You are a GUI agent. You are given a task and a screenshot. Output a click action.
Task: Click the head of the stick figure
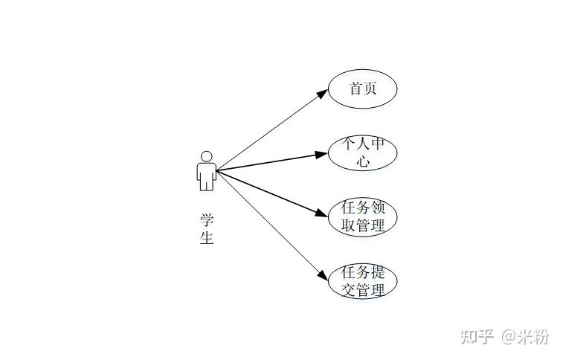pyautogui.click(x=207, y=157)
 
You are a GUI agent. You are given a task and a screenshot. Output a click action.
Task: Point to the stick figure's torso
pyautogui.click(x=207, y=173)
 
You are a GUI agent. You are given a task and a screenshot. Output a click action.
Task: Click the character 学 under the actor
pyautogui.click(x=207, y=220)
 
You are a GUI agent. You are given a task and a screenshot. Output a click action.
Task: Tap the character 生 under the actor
pyautogui.click(x=207, y=237)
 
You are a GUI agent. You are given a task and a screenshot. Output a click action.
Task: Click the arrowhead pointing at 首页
pyautogui.click(x=322, y=94)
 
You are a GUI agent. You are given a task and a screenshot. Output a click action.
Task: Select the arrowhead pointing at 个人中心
pyautogui.click(x=321, y=154)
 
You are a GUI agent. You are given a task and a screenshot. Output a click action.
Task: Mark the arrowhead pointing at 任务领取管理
pyautogui.click(x=322, y=213)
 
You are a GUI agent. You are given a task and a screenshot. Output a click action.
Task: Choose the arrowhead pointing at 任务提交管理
pyautogui.click(x=323, y=275)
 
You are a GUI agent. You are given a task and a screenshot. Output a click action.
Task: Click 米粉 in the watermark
pyautogui.click(x=533, y=337)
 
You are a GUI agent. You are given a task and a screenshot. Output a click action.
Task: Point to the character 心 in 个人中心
pyautogui.click(x=363, y=161)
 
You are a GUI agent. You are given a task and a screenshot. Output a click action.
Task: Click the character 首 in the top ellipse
pyautogui.click(x=356, y=89)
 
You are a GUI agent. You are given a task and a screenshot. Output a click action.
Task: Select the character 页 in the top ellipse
pyautogui.click(x=370, y=89)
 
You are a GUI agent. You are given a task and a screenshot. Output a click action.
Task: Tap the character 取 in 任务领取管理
pyautogui.click(x=348, y=225)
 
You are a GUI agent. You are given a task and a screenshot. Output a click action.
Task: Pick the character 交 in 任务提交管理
pyautogui.click(x=348, y=289)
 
